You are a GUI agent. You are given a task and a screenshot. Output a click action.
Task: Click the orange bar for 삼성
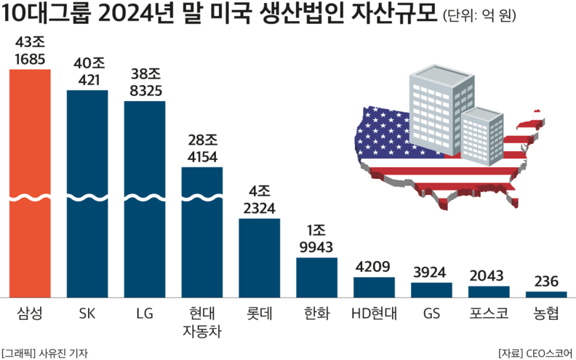click(29, 182)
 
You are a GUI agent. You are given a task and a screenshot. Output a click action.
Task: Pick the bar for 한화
click(316, 277)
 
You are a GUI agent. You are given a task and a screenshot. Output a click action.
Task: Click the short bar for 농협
click(545, 295)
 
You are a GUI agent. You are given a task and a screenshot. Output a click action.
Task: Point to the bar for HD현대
click(374, 287)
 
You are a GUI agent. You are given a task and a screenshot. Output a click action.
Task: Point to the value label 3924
click(431, 271)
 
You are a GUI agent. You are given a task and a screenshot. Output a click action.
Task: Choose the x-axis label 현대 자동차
click(201, 323)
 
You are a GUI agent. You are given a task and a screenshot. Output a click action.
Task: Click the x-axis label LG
click(144, 314)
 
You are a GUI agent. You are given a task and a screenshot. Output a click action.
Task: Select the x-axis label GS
click(431, 314)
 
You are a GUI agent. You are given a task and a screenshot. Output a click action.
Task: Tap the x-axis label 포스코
click(489, 314)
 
